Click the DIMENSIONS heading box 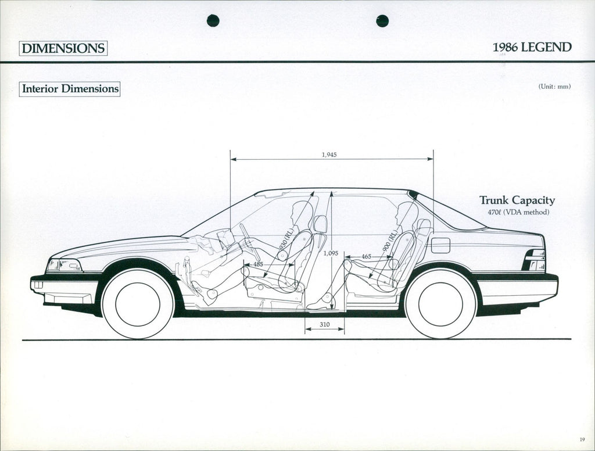coord(63,48)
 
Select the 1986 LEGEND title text coord(532,47)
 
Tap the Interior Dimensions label coord(70,89)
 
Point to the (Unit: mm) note coord(554,87)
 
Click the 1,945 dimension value coord(329,155)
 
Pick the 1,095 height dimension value coord(330,253)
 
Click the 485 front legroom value coord(258,265)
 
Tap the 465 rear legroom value coord(366,256)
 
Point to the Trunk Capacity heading coord(517,201)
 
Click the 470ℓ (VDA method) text coord(518,212)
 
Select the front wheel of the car coord(138,304)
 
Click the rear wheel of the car coord(440,304)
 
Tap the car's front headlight coord(64,266)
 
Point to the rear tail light coord(535,260)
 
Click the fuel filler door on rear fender coord(440,245)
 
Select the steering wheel coord(246,235)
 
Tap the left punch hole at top coord(213,20)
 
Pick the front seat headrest coord(320,224)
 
